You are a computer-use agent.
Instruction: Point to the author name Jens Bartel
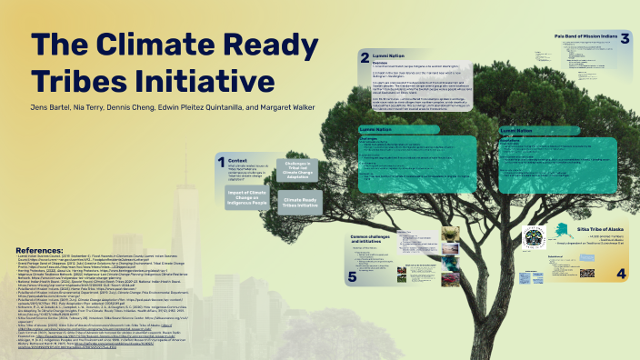54,107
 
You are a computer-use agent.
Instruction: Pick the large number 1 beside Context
220,165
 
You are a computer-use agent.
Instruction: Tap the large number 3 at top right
625,38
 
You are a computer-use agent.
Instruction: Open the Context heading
238,160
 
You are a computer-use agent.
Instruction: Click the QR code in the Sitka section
587,272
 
